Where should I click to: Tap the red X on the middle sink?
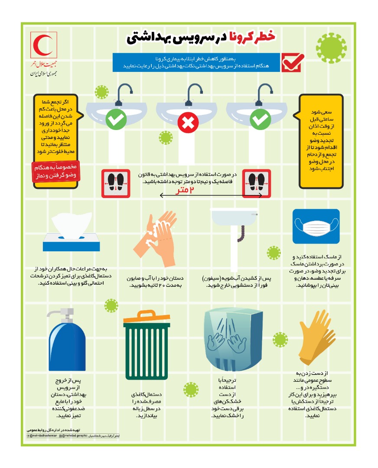[x=188, y=123]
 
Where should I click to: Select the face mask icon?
[x=316, y=226]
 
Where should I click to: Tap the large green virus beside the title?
[x=332, y=45]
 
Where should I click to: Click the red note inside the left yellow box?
[x=55, y=172]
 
